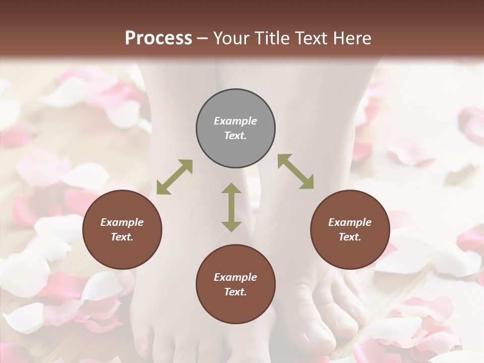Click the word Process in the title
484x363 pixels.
point(158,38)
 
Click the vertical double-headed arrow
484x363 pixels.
point(231,207)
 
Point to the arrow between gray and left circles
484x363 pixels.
point(174,177)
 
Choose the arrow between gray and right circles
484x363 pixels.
point(295,171)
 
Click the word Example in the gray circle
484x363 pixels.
point(235,121)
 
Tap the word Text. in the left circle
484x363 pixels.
point(122,237)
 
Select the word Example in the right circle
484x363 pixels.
point(350,222)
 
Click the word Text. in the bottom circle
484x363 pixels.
point(235,292)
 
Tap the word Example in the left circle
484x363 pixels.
point(122,222)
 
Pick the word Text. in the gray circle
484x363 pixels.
point(235,136)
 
